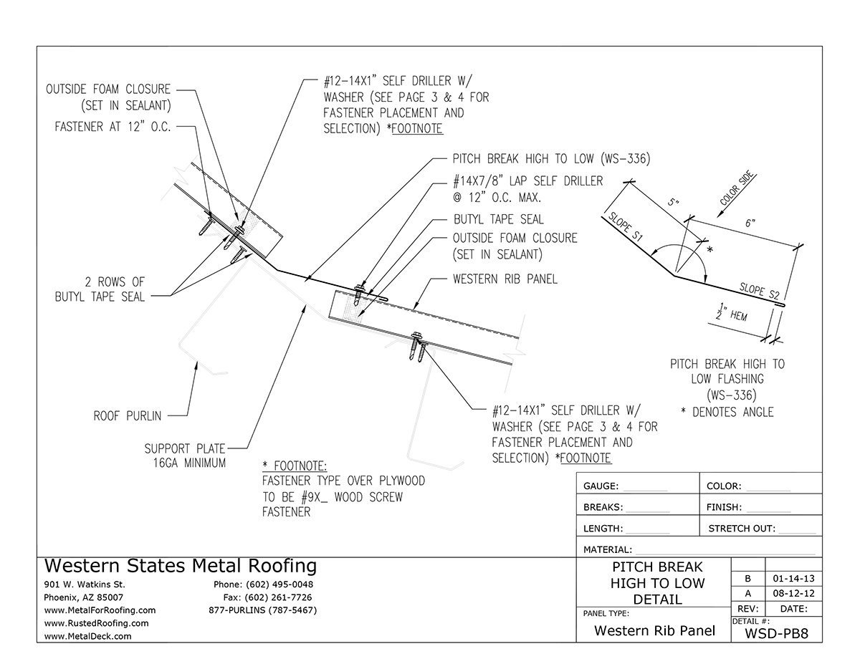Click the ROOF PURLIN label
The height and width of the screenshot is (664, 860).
128,415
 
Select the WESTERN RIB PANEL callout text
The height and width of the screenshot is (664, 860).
505,278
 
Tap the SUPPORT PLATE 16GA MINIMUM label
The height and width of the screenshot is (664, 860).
185,456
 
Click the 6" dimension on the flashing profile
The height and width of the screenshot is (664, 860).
750,223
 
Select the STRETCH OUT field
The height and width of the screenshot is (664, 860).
760,529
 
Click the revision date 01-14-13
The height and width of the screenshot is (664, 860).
793,577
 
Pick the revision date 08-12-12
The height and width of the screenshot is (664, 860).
793,593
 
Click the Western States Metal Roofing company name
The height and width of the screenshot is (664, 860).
180,566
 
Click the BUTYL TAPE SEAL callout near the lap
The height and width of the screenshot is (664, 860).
498,219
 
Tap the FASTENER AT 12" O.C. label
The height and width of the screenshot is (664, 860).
114,127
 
